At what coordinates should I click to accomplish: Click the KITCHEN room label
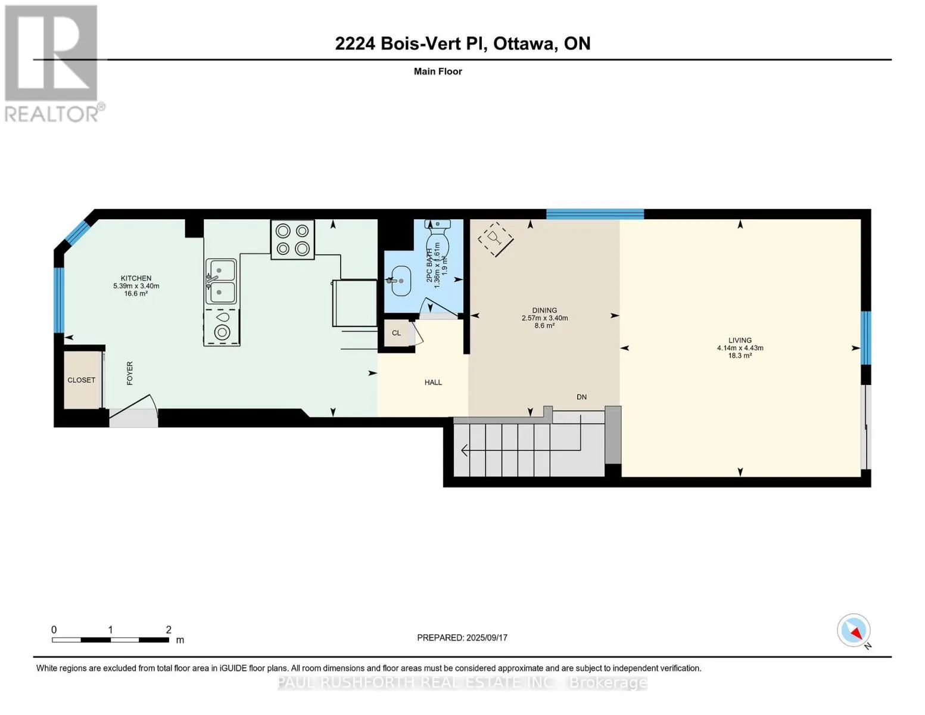click(136, 278)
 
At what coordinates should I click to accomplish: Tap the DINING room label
click(544, 310)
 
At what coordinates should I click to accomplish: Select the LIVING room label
click(740, 340)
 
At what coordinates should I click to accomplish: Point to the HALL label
click(433, 383)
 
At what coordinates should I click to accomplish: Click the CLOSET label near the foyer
click(82, 380)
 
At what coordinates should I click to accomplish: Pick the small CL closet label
click(396, 333)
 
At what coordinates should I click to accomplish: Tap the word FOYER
click(130, 373)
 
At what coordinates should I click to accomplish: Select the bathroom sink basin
click(400, 281)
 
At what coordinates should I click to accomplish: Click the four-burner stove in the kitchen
click(292, 240)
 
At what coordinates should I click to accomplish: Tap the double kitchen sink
click(221, 281)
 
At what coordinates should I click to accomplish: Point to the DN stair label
click(581, 397)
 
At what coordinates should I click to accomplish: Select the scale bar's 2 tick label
click(169, 629)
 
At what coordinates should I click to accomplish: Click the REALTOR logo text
click(52, 114)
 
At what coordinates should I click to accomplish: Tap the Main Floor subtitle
click(438, 71)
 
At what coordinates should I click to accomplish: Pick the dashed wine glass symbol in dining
click(496, 240)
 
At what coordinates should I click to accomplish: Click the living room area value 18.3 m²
click(740, 356)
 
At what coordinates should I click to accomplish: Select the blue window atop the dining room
click(594, 214)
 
